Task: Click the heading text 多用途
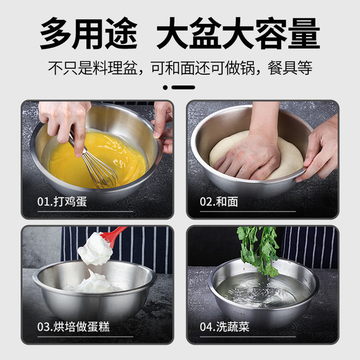click(89, 33)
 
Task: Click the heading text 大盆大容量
click(238, 33)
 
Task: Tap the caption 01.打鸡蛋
click(62, 201)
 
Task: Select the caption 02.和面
click(219, 201)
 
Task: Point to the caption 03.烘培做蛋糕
click(74, 326)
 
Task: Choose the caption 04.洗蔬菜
click(224, 326)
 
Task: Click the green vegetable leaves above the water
click(258, 249)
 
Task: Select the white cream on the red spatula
click(95, 249)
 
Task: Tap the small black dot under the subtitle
click(165, 88)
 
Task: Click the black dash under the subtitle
click(183, 88)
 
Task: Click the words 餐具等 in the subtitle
click(290, 68)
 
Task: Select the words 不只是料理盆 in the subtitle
click(92, 68)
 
